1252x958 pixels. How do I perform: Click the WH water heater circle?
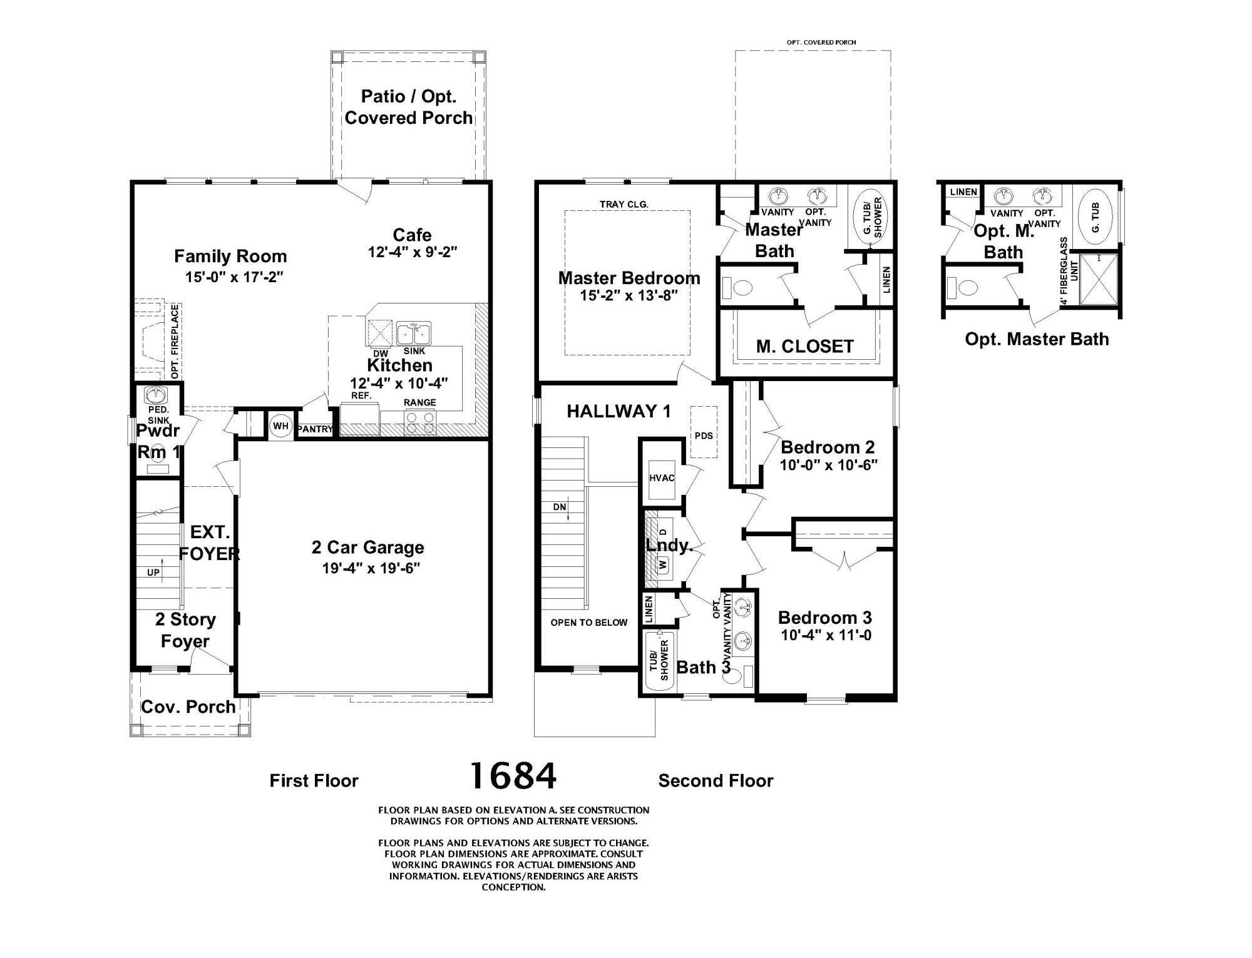[x=280, y=426]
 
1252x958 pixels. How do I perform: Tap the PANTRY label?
[x=315, y=429]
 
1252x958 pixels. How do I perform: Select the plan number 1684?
[x=513, y=776]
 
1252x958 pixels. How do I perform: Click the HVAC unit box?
[x=662, y=478]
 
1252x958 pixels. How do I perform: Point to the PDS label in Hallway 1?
[x=704, y=436]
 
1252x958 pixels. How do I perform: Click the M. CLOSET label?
[x=804, y=347]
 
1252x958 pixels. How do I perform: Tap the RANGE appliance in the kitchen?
[x=420, y=422]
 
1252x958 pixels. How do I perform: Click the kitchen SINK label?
[x=414, y=351]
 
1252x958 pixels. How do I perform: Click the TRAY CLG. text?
[x=623, y=204]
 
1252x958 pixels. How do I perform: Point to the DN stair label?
[x=559, y=507]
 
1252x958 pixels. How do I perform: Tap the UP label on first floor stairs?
[x=153, y=572]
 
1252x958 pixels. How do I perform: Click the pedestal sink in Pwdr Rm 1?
[x=155, y=395]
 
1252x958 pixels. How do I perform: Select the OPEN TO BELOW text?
[x=588, y=622]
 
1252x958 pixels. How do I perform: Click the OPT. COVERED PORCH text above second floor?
[x=821, y=43]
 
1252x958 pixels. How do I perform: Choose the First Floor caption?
[x=314, y=780]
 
